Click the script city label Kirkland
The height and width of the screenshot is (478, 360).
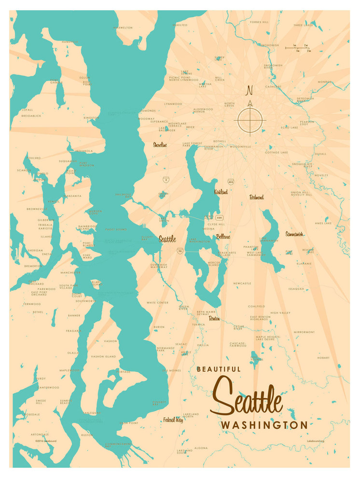coord(221,192)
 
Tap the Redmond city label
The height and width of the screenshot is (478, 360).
coord(256,197)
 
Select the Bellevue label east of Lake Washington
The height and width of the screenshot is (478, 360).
coord(223,237)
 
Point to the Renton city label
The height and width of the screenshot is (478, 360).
coord(214,319)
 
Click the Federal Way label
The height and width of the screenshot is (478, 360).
coord(173,420)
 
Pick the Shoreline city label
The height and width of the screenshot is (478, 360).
coord(160,144)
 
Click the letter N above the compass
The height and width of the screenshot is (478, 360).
coord(249,90)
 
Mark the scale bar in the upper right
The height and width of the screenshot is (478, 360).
coord(298,48)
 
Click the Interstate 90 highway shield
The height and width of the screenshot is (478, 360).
coord(180,251)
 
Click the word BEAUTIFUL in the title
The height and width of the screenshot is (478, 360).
coord(218,369)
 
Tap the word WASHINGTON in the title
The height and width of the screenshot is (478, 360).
coord(264,425)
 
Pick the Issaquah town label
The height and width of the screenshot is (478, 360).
coord(296,288)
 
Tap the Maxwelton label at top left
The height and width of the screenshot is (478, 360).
coord(123,28)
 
